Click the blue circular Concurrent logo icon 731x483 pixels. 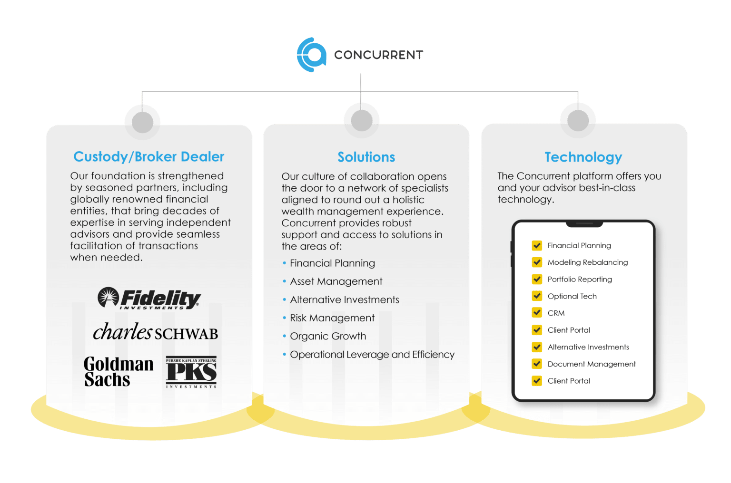click(312, 55)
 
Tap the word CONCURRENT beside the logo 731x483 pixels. click(378, 55)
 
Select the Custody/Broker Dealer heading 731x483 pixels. click(148, 157)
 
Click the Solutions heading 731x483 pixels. click(366, 157)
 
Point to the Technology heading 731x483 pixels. click(583, 157)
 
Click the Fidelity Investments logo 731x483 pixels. click(149, 299)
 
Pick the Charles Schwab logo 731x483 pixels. click(155, 332)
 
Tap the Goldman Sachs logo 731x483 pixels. click(119, 372)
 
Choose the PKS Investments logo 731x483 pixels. click(191, 372)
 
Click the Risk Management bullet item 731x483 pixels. click(332, 318)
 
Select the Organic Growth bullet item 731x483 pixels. click(328, 336)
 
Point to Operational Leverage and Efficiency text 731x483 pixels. click(372, 355)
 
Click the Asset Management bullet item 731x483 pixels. click(336, 281)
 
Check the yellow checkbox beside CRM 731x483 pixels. click(537, 313)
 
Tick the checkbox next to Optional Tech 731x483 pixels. click(537, 296)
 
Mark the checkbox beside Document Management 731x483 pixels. click(537, 364)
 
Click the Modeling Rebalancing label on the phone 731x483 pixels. click(588, 262)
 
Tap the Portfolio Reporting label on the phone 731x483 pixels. click(580, 279)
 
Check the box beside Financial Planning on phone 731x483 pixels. click(537, 245)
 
